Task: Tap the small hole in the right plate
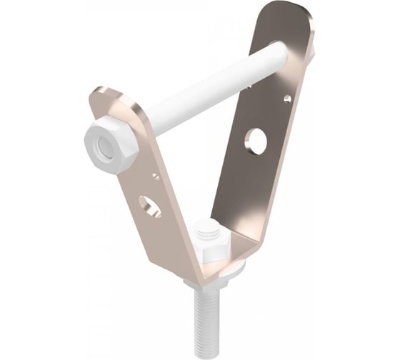[x=286, y=99]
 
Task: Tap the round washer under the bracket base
[x=214, y=275]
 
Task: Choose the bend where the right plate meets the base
[x=246, y=250]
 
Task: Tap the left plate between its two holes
[x=151, y=189]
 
